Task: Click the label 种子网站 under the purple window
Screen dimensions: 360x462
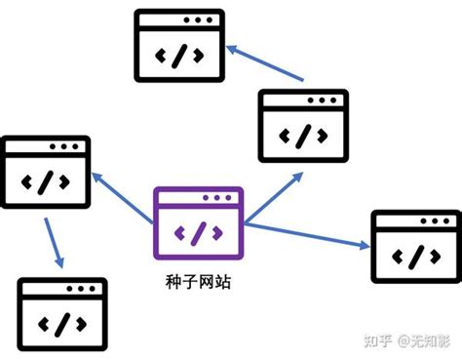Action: (199, 283)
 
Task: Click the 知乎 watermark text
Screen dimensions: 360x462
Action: (378, 340)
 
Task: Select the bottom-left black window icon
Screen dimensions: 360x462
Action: (60, 314)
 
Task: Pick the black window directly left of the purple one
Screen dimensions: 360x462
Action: (46, 172)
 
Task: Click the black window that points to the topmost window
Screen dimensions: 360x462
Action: (303, 124)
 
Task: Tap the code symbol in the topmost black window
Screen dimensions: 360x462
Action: (176, 55)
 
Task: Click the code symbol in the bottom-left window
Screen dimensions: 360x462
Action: (60, 324)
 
